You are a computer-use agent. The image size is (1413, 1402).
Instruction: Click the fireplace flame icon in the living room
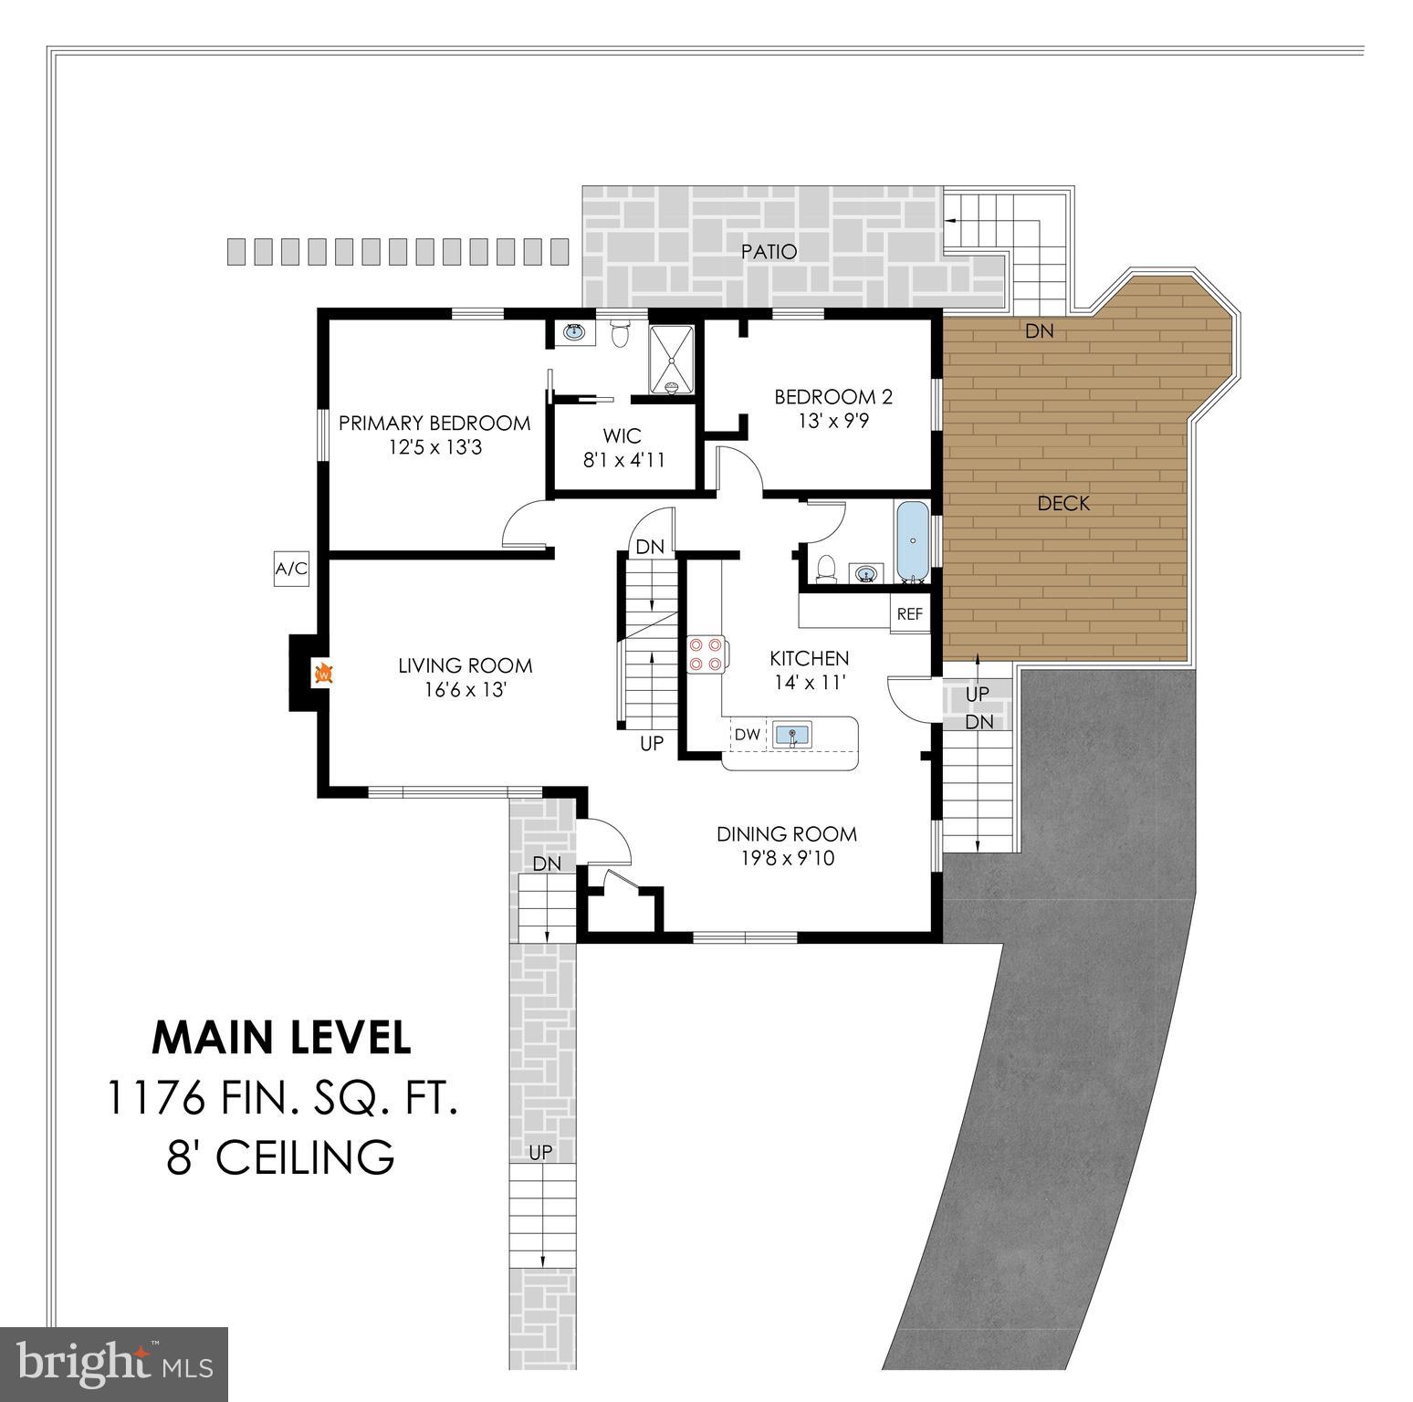tap(323, 675)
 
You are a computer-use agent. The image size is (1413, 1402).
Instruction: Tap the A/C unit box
tap(291, 570)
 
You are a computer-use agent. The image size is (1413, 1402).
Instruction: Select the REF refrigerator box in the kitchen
tap(909, 614)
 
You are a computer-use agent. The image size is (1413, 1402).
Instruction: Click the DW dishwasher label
tap(747, 735)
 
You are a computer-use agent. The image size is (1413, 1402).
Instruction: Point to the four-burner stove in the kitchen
tap(706, 654)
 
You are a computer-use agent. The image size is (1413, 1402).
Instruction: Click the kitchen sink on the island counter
tap(792, 735)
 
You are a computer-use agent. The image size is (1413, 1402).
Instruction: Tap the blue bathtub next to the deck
tap(912, 540)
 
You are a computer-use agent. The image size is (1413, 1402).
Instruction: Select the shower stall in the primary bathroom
tap(672, 360)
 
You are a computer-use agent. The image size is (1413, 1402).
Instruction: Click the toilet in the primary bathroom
tap(620, 334)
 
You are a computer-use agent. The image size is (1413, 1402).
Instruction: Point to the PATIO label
tap(769, 251)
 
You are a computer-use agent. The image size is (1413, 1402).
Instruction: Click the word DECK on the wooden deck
tap(1063, 503)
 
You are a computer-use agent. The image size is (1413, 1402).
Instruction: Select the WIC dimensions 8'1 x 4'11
tap(624, 460)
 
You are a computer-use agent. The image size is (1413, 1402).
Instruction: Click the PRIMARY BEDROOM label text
tap(434, 423)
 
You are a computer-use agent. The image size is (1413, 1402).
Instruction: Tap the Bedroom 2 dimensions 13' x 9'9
tap(832, 422)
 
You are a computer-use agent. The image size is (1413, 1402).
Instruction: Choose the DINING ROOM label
tap(786, 833)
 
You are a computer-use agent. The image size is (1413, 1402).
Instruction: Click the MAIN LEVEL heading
tap(281, 1037)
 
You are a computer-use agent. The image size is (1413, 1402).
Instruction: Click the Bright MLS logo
tap(114, 1364)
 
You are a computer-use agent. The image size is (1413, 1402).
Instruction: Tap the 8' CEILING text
tap(281, 1157)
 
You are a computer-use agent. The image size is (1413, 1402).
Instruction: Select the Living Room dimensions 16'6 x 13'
tap(465, 690)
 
